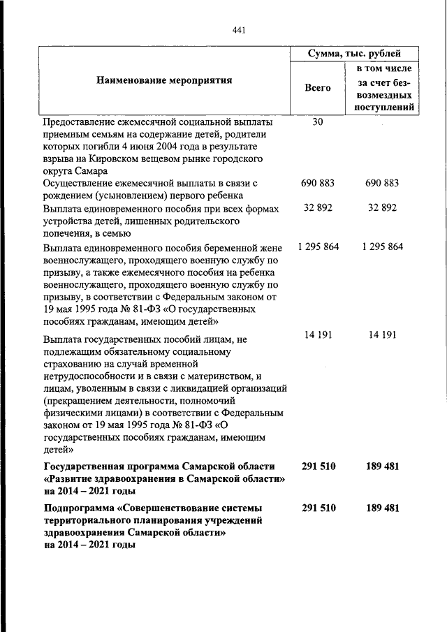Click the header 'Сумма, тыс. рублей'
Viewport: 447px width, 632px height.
[x=354, y=54]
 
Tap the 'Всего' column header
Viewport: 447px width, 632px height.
[x=318, y=88]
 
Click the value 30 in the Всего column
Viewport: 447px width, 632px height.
[x=318, y=122]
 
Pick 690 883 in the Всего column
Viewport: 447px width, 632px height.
[x=318, y=184]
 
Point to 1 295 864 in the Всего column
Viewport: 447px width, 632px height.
[x=318, y=247]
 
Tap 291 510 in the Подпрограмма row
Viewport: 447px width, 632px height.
[x=318, y=508]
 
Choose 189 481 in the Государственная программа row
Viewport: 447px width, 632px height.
[x=382, y=466]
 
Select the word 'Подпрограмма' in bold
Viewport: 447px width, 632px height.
[x=80, y=508]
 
